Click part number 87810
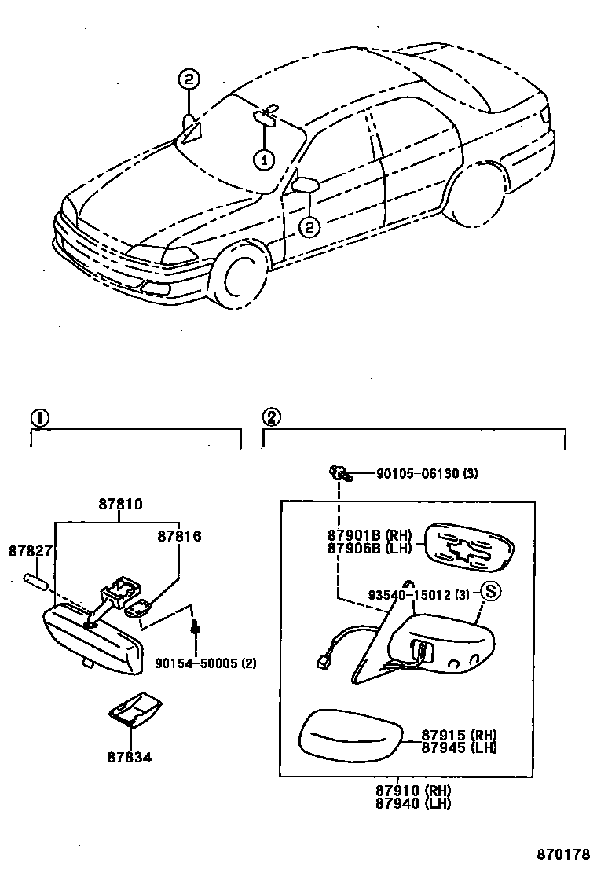(120, 504)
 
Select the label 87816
(179, 537)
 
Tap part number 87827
(31, 552)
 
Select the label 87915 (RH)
(459, 734)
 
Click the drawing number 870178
(563, 854)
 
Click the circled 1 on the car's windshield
(263, 160)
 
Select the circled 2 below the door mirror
(310, 227)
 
